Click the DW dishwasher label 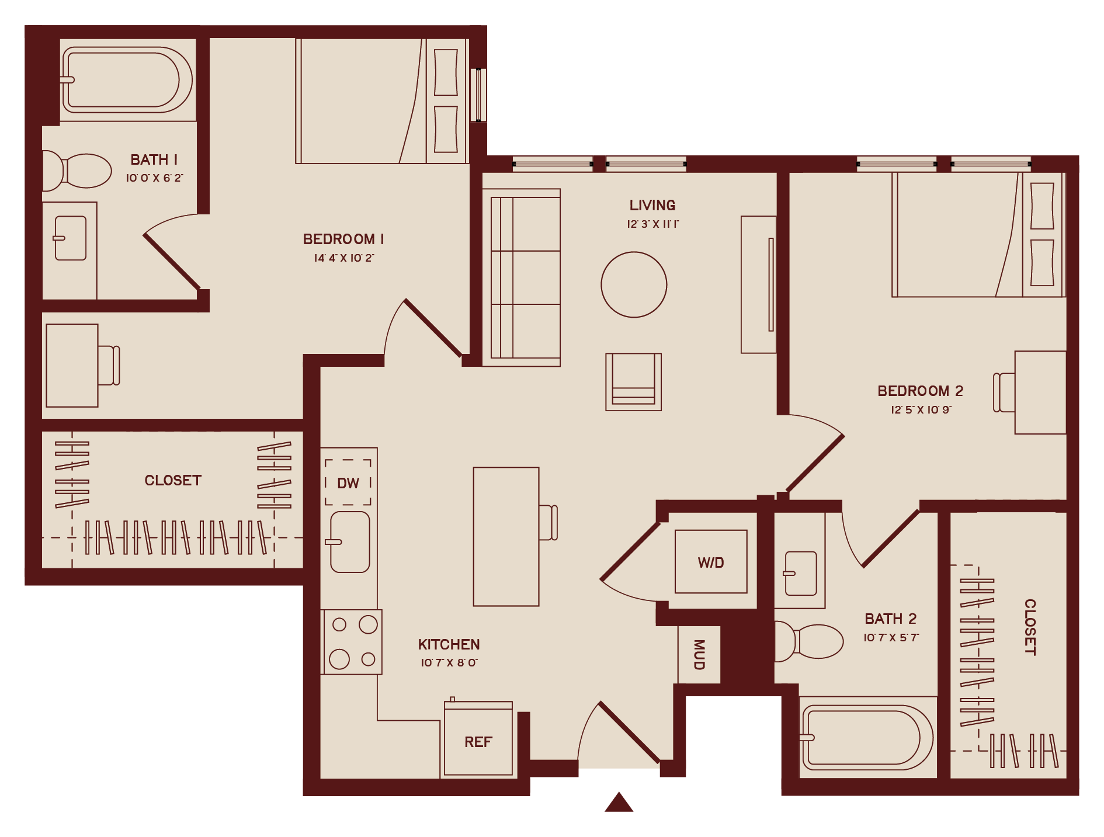pyautogui.click(x=348, y=483)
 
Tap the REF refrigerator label pyautogui.click(x=478, y=742)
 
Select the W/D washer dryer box pyautogui.click(x=711, y=562)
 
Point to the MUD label pyautogui.click(x=699, y=654)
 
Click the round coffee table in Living pyautogui.click(x=634, y=284)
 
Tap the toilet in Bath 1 pyautogui.click(x=79, y=171)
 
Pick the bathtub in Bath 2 pyautogui.click(x=867, y=737)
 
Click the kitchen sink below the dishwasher pyautogui.click(x=350, y=542)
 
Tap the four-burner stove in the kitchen pyautogui.click(x=353, y=642)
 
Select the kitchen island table pyautogui.click(x=506, y=536)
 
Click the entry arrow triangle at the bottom pyautogui.click(x=619, y=803)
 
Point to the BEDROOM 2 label pyautogui.click(x=920, y=391)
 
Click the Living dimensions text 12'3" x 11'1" pyautogui.click(x=652, y=224)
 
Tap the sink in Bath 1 pyautogui.click(x=71, y=238)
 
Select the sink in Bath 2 pyautogui.click(x=800, y=573)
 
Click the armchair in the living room pyautogui.click(x=633, y=382)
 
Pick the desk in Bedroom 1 pyautogui.click(x=72, y=366)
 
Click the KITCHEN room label pyautogui.click(x=449, y=644)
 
